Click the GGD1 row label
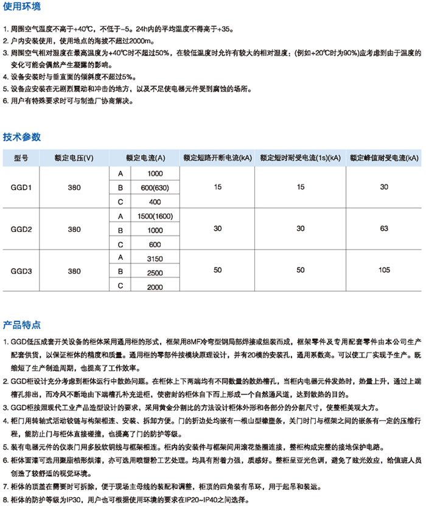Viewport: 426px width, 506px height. coord(21,188)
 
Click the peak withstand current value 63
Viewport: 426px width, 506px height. coord(383,230)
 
